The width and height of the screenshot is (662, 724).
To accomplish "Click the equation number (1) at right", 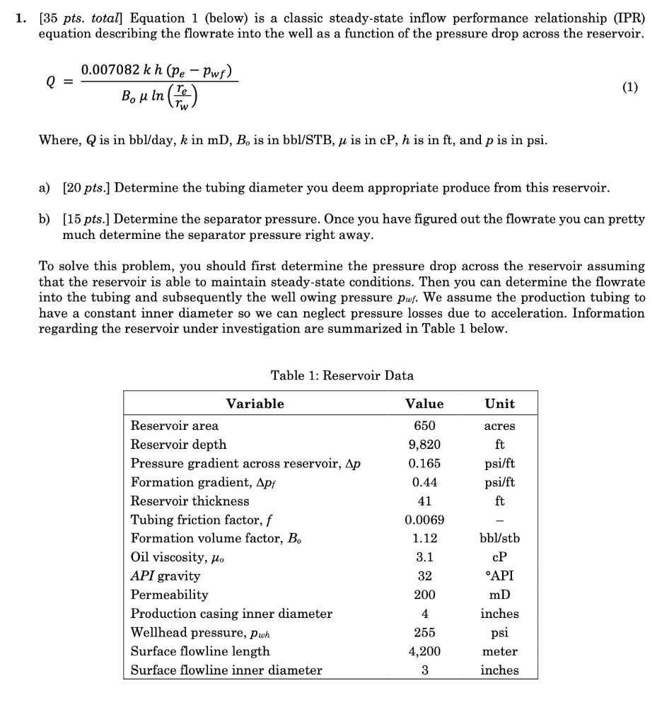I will [629, 87].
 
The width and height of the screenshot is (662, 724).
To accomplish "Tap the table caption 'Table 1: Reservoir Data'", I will [342, 375].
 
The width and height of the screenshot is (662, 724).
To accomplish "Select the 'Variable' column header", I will [255, 404].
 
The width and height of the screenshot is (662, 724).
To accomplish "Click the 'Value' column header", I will [424, 404].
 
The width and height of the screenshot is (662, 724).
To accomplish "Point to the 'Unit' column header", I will [499, 404].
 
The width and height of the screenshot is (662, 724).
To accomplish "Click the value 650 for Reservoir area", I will [424, 426].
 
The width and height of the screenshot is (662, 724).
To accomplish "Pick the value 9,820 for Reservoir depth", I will [424, 445].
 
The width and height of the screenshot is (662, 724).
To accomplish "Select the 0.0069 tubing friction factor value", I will [424, 520].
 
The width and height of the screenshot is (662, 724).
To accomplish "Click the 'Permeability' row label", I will [170, 595].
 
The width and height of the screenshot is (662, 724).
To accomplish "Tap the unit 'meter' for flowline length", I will [499, 651].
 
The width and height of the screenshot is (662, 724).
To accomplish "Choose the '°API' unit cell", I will [499, 576].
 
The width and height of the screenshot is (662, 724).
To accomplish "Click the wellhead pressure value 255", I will [424, 633].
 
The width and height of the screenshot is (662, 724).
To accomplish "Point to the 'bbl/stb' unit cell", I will [499, 539].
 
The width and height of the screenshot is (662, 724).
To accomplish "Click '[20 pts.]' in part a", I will [86, 188].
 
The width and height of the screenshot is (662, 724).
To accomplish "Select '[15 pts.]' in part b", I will [86, 219].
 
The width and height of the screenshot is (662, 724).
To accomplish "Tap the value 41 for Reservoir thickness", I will [424, 501].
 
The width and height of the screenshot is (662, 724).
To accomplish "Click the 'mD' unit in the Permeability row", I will [499, 595].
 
